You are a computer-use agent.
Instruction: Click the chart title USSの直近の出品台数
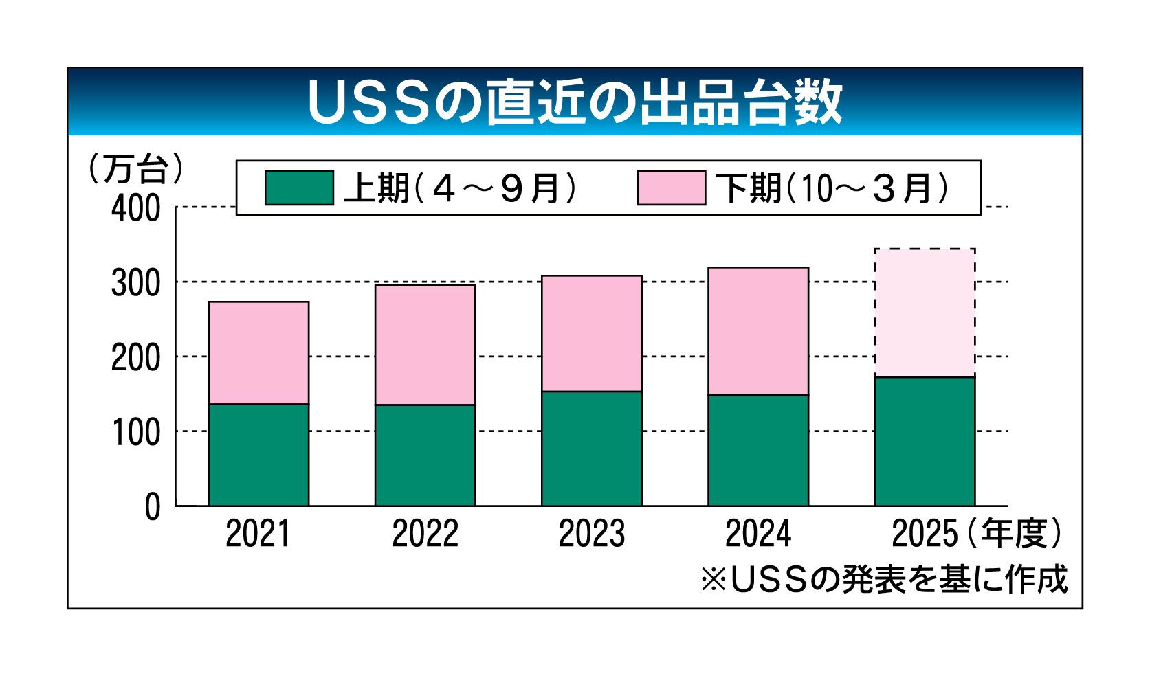click(x=575, y=103)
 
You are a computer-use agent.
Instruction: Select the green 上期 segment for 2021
click(x=258, y=455)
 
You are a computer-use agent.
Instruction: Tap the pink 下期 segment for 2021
click(x=258, y=353)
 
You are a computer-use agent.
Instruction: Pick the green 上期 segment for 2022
click(x=425, y=455)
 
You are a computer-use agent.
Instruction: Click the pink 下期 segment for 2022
click(x=425, y=345)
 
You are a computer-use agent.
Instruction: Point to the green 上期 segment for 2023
click(x=591, y=449)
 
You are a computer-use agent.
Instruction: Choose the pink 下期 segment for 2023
click(x=591, y=334)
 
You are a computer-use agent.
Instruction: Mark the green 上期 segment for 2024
click(x=758, y=451)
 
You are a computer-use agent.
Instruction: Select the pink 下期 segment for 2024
click(x=758, y=331)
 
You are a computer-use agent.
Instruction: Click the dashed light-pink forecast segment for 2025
click(x=925, y=313)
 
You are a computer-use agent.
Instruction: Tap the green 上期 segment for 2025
click(x=925, y=442)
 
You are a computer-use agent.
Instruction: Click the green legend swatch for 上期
click(x=299, y=188)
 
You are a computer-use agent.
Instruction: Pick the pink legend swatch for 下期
click(x=671, y=188)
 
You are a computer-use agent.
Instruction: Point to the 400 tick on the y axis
click(x=135, y=208)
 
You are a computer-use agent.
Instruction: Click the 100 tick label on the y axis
click(x=135, y=433)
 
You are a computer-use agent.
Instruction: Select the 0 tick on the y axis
click(x=152, y=508)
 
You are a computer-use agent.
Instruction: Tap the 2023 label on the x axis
click(x=591, y=534)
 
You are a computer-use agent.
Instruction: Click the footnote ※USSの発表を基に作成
click(x=884, y=579)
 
